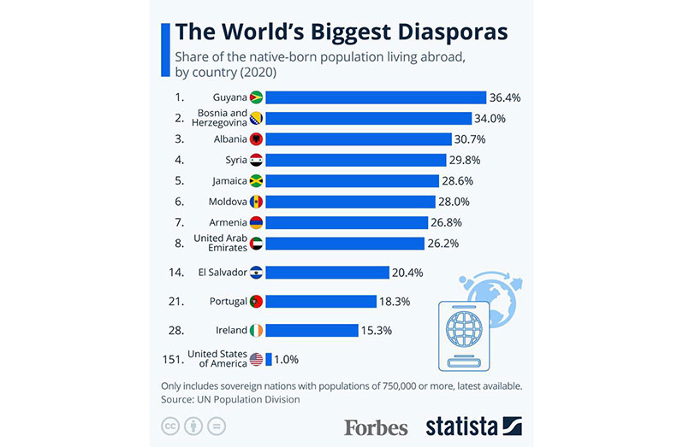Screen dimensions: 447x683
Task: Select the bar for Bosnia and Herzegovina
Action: pos(368,118)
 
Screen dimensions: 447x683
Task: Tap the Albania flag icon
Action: pos(255,139)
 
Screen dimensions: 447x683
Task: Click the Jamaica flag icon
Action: pos(255,180)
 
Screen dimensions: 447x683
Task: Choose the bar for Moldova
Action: pos(350,202)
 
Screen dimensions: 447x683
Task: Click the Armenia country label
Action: pos(229,222)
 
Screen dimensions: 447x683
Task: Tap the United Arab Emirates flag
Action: pos(255,244)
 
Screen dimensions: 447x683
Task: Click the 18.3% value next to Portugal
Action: pos(396,301)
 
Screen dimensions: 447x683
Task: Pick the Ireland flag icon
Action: pos(255,330)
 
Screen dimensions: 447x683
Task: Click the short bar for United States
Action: pos(269,359)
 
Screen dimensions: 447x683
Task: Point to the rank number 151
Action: pos(173,359)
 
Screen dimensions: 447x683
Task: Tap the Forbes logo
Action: pos(376,426)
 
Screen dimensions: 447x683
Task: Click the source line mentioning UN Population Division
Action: pos(230,399)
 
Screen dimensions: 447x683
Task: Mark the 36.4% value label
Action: pos(504,97)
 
